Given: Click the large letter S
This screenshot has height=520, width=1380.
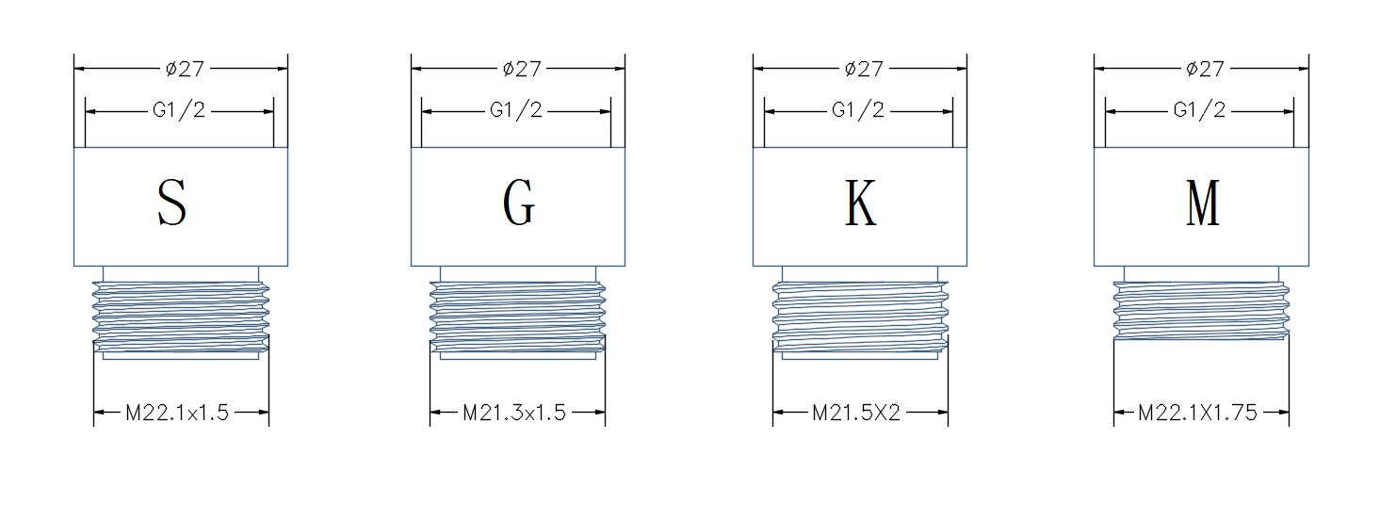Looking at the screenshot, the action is (x=171, y=203).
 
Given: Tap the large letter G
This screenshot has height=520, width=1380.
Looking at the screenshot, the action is (x=519, y=203).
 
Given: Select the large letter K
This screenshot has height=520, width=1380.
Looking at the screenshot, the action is (x=860, y=203).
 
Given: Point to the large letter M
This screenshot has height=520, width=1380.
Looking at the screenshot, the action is (x=1203, y=203).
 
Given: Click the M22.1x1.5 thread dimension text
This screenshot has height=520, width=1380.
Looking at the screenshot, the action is (x=177, y=413).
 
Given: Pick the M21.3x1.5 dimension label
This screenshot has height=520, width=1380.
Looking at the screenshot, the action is (x=513, y=413).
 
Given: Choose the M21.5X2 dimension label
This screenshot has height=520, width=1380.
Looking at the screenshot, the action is (x=855, y=413).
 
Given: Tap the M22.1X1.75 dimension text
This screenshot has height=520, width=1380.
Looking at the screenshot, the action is (x=1197, y=413).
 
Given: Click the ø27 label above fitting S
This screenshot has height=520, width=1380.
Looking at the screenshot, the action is (x=185, y=69).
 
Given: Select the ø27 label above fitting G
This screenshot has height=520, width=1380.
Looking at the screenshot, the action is (x=522, y=69).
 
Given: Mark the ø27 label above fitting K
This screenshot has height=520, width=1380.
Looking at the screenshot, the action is (x=864, y=69).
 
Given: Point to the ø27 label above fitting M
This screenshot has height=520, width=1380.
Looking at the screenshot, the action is (x=1205, y=69).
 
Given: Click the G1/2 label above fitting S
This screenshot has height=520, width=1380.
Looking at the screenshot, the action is (x=179, y=110).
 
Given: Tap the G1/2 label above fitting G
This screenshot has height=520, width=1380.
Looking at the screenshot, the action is (x=515, y=110).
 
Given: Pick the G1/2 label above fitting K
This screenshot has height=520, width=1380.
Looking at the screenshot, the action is (x=857, y=110).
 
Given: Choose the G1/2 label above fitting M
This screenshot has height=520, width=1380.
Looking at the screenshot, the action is (x=1199, y=110).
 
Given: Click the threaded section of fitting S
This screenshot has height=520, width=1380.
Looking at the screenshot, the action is (x=181, y=317).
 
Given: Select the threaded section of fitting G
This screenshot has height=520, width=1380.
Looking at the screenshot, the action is (x=517, y=317).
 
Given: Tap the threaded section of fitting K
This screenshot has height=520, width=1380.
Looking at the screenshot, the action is (x=860, y=317).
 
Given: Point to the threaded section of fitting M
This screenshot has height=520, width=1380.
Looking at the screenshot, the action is (x=1201, y=311).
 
